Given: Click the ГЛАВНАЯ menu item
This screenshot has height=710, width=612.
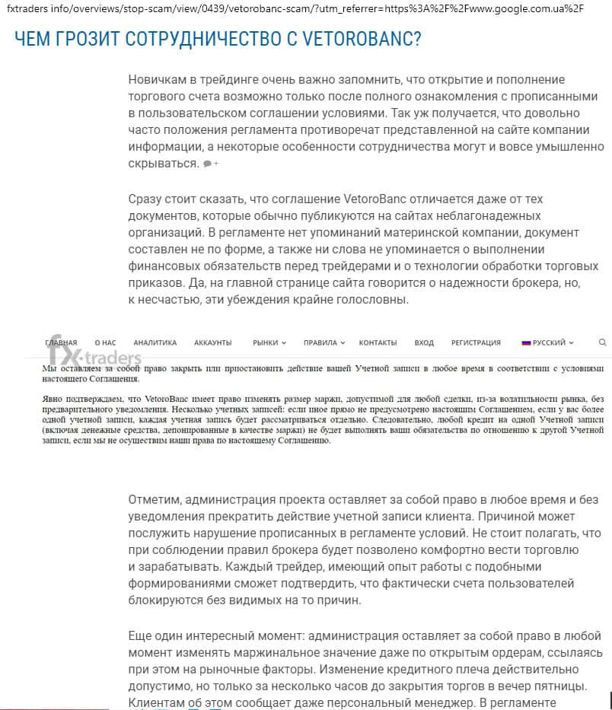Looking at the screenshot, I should coord(61,342).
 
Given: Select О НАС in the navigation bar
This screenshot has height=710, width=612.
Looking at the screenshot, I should coord(105,342).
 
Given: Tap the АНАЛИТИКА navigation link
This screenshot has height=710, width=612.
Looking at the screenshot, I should coord(155,342).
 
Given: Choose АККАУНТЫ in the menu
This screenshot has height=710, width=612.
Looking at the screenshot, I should coord(212,342).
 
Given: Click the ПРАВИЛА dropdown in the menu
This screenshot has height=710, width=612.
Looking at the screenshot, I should coord(324,342).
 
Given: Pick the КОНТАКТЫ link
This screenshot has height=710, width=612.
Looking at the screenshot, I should coord(378,342).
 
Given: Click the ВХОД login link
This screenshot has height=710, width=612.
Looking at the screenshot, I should coord(424,342).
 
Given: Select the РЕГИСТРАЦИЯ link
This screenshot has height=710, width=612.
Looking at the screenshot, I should coord(476,342).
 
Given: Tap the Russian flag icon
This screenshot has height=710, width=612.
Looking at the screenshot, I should coord(526,342).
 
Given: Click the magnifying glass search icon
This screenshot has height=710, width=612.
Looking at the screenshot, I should coord(603,342).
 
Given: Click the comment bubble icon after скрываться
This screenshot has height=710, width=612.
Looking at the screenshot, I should coord(208,164).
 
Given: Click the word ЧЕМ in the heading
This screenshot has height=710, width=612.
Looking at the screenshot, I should coord(34,39).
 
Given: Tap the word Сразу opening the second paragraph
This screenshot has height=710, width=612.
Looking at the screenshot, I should coord(147,199).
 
